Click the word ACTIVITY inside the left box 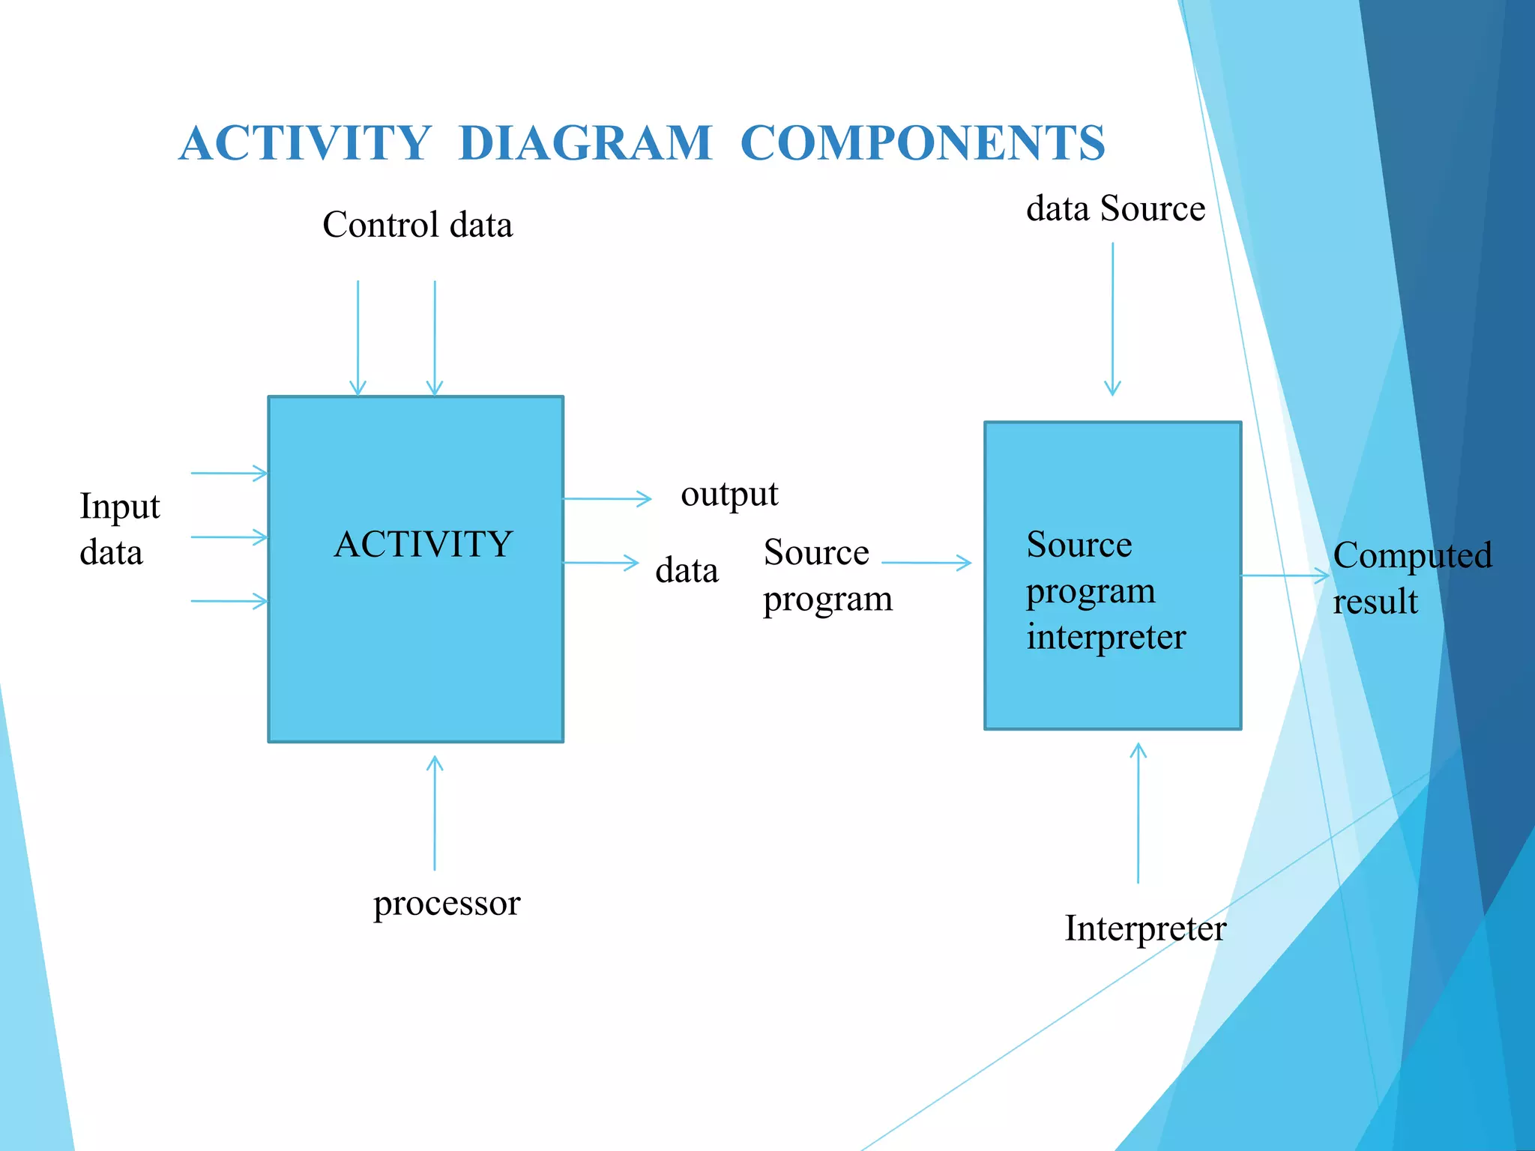tap(423, 544)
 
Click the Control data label tap(417, 225)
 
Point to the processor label tap(447, 904)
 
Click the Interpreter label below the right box tap(1145, 929)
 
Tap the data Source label tap(1115, 208)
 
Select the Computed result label tap(1411, 578)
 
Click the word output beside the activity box tap(729, 495)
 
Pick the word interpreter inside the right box tap(1106, 637)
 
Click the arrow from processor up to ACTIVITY tap(435, 813)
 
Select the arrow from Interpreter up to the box tap(1138, 813)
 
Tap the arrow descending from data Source tap(1112, 318)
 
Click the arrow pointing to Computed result tap(1285, 575)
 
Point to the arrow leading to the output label tap(607, 498)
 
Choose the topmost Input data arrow tap(229, 474)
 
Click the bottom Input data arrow tap(229, 601)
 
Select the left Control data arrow tap(358, 337)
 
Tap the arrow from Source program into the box tap(926, 563)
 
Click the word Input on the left tap(120, 507)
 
